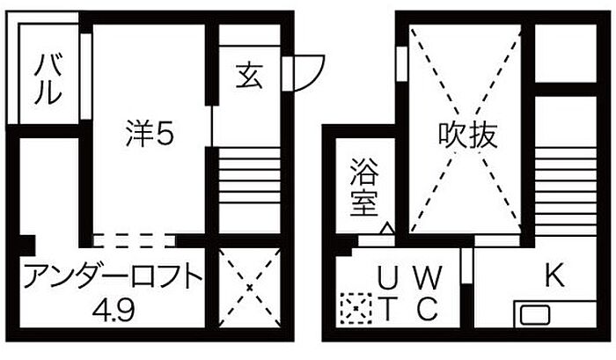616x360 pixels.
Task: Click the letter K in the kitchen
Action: [x=553, y=276]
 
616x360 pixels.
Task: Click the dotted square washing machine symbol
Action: [x=352, y=307]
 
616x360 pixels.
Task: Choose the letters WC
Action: [x=427, y=293]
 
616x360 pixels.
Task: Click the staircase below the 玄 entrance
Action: [x=248, y=180]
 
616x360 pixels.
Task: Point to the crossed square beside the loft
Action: [x=248, y=287]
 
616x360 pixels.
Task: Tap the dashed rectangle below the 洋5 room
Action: [x=134, y=239]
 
